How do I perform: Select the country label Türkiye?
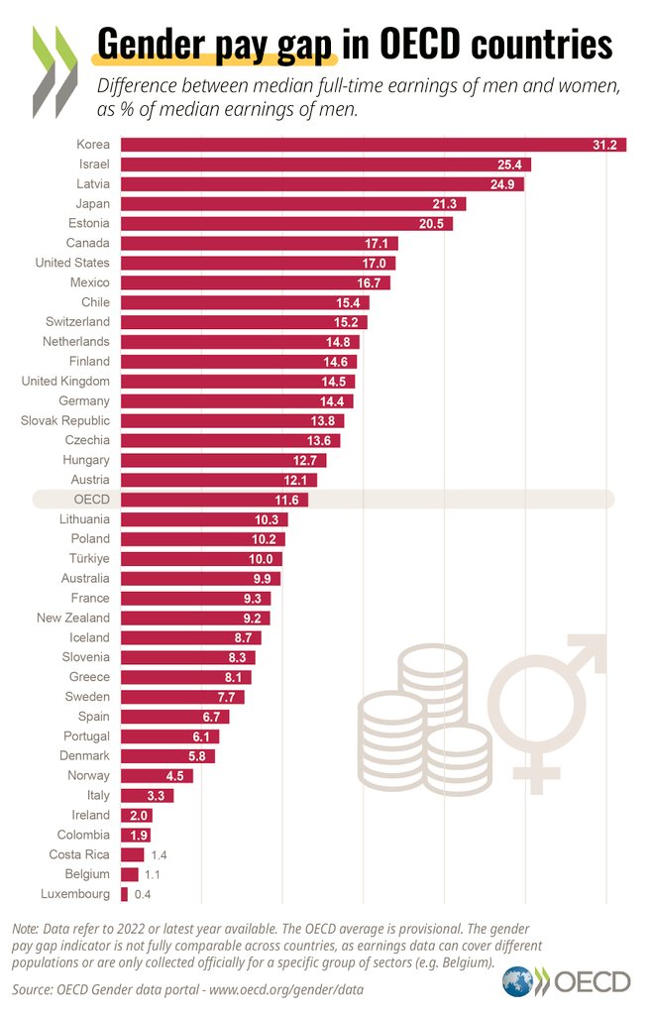click(x=87, y=559)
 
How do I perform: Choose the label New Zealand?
click(x=74, y=618)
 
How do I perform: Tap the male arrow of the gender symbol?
click(x=585, y=658)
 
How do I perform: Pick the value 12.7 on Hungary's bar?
click(x=308, y=460)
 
